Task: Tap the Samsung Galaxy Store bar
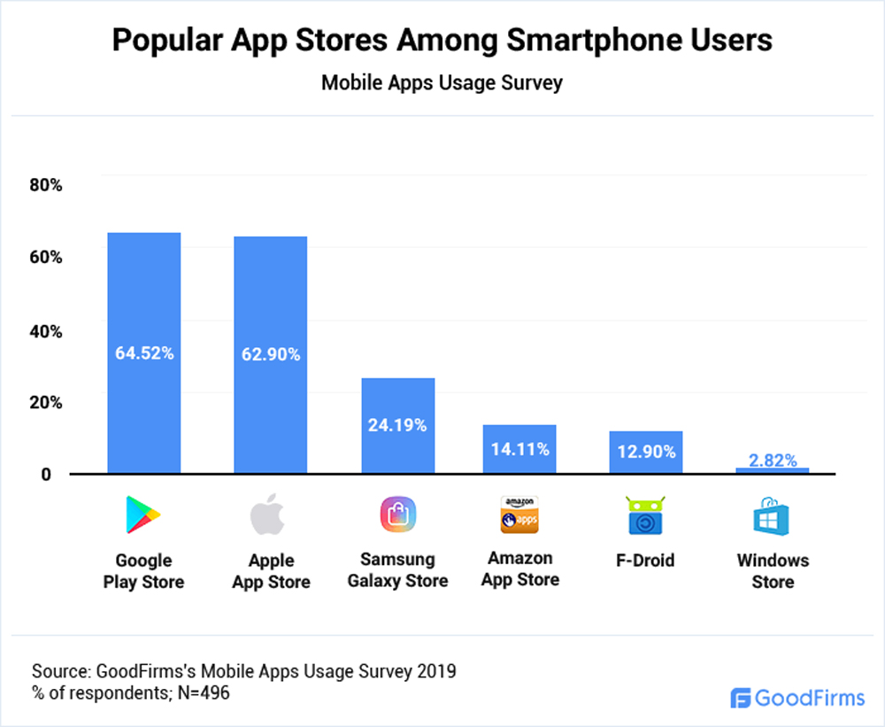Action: (x=397, y=425)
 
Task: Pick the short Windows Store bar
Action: (x=773, y=470)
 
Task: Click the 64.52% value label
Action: (x=144, y=353)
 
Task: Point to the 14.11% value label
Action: (x=520, y=449)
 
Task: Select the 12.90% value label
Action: (x=647, y=452)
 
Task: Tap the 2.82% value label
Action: (x=773, y=460)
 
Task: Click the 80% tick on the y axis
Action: (x=45, y=185)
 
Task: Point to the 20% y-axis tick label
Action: (x=45, y=402)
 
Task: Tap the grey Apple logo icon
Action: (x=270, y=515)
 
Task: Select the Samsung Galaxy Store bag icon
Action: (x=397, y=514)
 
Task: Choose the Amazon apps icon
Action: (x=519, y=515)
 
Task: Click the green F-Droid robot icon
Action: (x=646, y=515)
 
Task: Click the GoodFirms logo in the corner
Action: (x=797, y=698)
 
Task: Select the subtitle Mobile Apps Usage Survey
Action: (x=442, y=83)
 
